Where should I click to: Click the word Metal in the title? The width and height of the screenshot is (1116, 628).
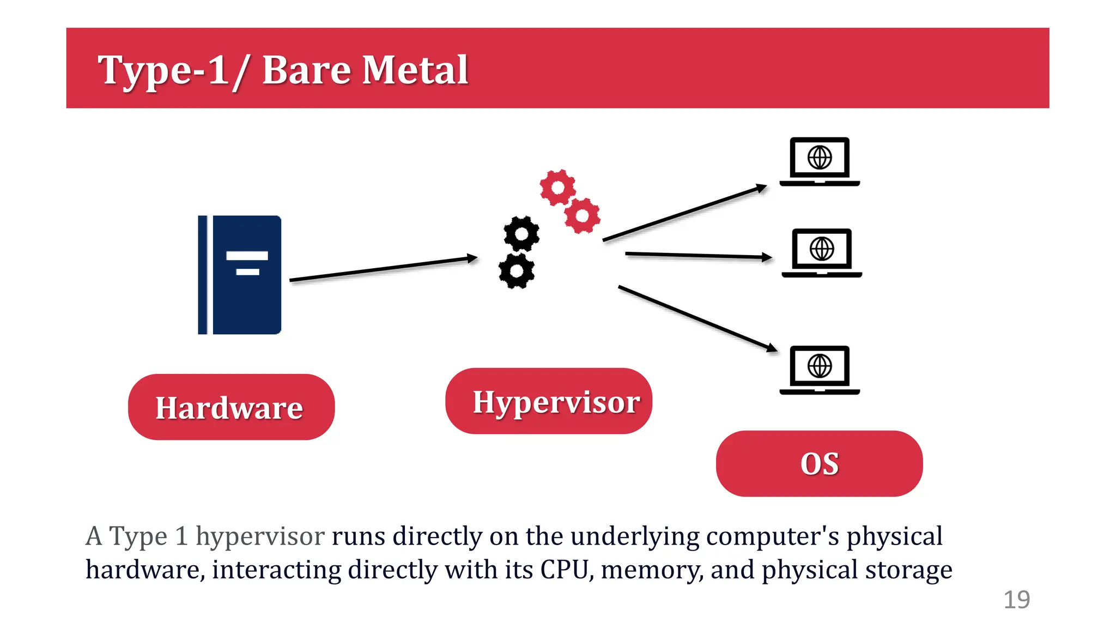415,70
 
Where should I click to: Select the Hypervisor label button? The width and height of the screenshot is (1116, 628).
549,401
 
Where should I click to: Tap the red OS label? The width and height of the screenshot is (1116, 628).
819,464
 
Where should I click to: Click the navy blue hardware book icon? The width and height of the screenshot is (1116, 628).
240,275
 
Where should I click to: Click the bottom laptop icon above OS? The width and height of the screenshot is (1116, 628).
820,370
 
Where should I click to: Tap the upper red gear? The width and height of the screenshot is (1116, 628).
557,188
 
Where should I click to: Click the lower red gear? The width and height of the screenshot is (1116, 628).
582,216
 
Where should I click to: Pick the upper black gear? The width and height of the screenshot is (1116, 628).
521,234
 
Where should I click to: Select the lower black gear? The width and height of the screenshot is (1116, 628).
516,270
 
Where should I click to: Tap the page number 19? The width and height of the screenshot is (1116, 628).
1016,600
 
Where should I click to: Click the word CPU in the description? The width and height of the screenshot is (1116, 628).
567,570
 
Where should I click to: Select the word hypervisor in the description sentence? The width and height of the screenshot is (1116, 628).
260,536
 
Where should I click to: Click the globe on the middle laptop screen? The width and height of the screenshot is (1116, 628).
822,249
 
